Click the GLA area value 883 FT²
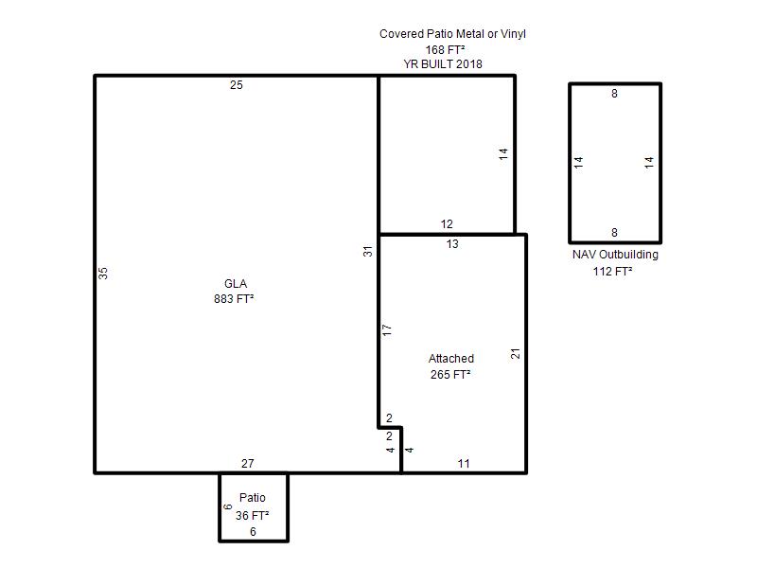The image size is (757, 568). (x=234, y=299)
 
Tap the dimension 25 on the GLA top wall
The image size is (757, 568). (x=236, y=85)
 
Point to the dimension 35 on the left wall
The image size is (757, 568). (x=103, y=274)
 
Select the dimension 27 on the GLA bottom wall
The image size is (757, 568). (x=248, y=464)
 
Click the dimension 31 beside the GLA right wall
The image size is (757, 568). (x=368, y=251)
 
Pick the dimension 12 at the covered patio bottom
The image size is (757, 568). (x=447, y=224)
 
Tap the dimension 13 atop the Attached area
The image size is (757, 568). (x=452, y=244)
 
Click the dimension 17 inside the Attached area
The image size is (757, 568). (x=387, y=330)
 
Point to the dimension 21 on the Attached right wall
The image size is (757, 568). (x=515, y=353)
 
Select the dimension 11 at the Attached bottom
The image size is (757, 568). (x=464, y=464)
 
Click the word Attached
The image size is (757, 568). (x=451, y=359)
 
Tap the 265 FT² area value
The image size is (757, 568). (x=450, y=374)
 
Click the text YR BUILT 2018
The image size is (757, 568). (x=443, y=63)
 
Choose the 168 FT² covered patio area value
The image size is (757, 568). (x=445, y=50)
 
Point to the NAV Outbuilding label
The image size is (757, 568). (x=615, y=255)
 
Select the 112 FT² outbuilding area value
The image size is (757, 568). (x=612, y=272)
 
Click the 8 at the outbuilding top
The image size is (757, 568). (x=614, y=93)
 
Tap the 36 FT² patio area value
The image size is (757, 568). (x=252, y=515)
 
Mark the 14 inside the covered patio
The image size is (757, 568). (x=503, y=154)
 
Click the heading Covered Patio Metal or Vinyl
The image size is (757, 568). (x=452, y=34)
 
